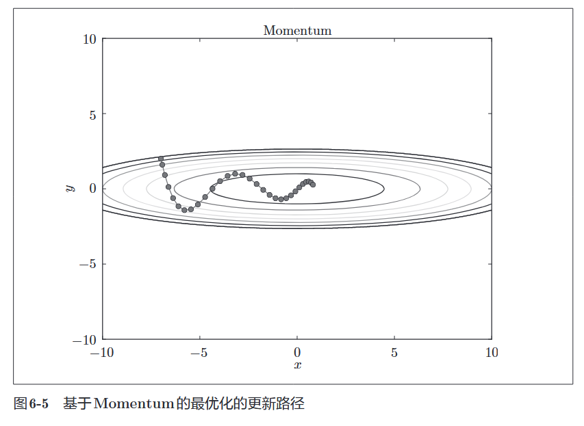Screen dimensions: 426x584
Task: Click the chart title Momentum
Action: pos(297,31)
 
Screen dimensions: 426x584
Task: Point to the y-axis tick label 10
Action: pos(89,39)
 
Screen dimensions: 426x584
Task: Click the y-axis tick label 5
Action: pos(92,114)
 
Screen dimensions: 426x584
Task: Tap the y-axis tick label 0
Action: pos(92,189)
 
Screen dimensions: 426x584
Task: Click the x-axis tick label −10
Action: pos(103,353)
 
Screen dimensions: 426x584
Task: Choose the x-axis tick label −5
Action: pos(200,353)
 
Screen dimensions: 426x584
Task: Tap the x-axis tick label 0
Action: pos(297,353)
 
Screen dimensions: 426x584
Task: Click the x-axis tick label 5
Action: pos(394,353)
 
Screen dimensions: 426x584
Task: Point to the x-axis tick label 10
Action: pos(492,353)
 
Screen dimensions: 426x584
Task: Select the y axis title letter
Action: pos(70,188)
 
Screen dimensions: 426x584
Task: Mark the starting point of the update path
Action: pos(161,159)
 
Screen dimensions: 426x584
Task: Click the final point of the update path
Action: pos(313,185)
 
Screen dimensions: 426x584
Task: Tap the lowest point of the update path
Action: pos(184,210)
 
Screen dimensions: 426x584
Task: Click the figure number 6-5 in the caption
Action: pos(40,404)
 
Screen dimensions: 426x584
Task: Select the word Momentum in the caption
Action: pos(134,404)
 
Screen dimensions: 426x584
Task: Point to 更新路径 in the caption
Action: pos(279,404)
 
